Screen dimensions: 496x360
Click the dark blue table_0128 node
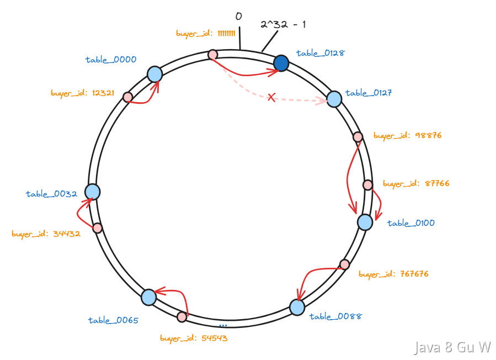pyautogui.click(x=281, y=63)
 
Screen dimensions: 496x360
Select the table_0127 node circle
pyautogui.click(x=334, y=99)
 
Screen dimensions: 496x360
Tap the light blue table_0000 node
pyautogui.click(x=154, y=74)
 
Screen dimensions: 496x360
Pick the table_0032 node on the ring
pyautogui.click(x=92, y=192)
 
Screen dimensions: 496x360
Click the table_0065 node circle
pyautogui.click(x=148, y=297)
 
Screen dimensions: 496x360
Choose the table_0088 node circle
pyautogui.click(x=297, y=307)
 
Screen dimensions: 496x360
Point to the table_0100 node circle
pyautogui.click(x=365, y=222)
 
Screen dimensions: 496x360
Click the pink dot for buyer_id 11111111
pyautogui.click(x=212, y=55)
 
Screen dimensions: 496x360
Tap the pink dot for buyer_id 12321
pyautogui.click(x=127, y=97)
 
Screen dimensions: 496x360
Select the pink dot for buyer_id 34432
pyautogui.click(x=98, y=228)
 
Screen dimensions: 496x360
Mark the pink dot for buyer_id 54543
pyautogui.click(x=182, y=316)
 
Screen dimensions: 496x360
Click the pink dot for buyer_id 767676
pyautogui.click(x=344, y=264)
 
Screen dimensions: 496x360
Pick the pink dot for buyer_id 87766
pyautogui.click(x=367, y=185)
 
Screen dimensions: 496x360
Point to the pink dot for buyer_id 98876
pyautogui.click(x=358, y=137)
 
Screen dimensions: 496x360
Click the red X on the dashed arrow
pyautogui.click(x=271, y=97)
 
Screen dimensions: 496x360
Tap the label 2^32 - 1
pyautogui.click(x=283, y=24)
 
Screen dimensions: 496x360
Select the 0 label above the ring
pyautogui.click(x=238, y=16)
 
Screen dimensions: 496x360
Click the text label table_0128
pyautogui.click(x=321, y=53)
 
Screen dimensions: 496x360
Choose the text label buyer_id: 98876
pyautogui.click(x=407, y=135)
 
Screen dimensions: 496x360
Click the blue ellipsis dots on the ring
pyautogui.click(x=223, y=325)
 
